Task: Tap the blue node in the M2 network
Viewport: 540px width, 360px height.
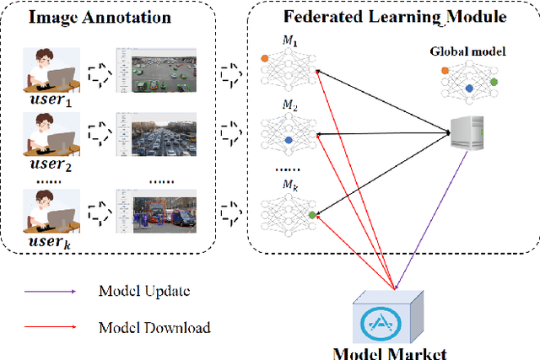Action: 289,139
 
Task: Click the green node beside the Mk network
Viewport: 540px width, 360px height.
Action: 313,215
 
